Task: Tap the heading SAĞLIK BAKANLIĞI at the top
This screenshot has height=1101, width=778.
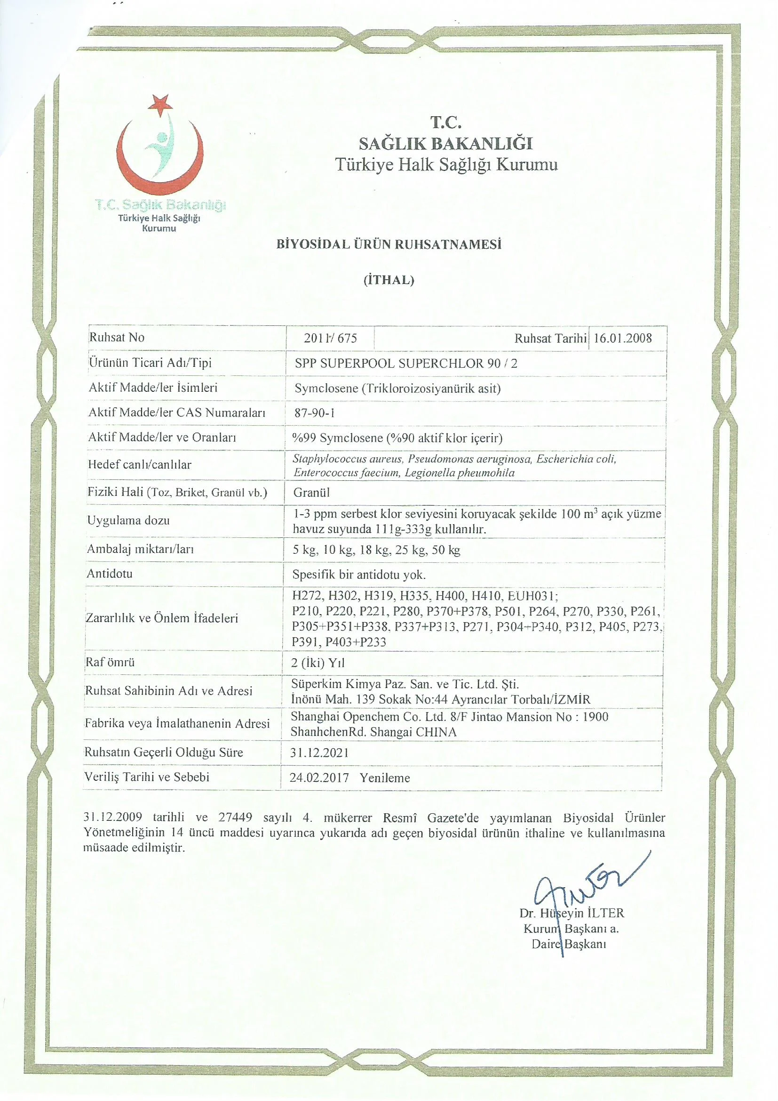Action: [445, 143]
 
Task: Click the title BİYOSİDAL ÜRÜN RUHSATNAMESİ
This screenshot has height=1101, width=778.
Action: [389, 244]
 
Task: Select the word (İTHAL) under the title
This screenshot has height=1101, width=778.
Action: [389, 280]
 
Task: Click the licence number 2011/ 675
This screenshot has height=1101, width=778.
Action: [330, 338]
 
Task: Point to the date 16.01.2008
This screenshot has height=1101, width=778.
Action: [622, 338]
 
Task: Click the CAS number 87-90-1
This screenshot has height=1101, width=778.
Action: [314, 413]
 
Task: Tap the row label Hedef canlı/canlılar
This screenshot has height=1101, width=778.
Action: [139, 464]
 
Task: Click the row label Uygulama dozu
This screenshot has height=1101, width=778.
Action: [128, 520]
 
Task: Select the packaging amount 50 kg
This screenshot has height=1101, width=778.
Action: [445, 550]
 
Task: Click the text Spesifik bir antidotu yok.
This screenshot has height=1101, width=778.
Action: [359, 575]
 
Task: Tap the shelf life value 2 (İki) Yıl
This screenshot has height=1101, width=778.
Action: [318, 663]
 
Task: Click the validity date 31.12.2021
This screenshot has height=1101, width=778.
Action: [319, 753]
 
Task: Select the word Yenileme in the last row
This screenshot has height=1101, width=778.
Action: [385, 778]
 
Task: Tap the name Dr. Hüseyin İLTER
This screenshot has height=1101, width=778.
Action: [572, 913]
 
